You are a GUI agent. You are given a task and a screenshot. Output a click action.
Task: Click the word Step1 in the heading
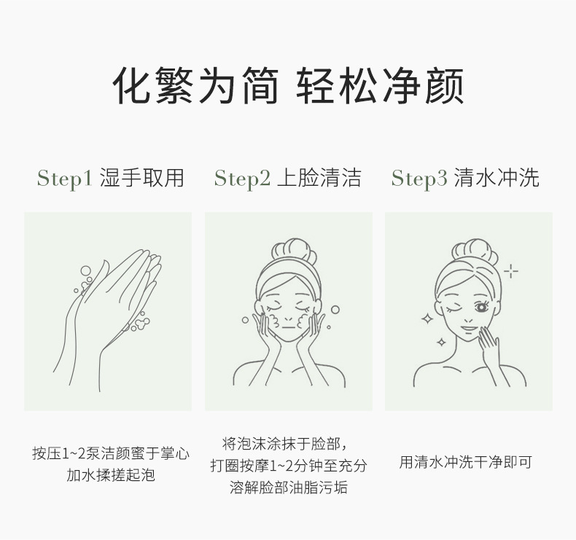click(64, 179)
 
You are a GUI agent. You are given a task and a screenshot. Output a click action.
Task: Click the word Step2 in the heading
click(242, 179)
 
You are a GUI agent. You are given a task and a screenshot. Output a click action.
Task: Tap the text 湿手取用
click(141, 178)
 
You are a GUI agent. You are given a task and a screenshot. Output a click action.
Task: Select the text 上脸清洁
click(319, 178)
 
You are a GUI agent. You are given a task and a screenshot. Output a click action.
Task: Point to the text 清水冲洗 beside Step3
click(497, 178)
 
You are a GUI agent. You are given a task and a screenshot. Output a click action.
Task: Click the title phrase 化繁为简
click(195, 87)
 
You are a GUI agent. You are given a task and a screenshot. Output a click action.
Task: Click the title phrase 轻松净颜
click(381, 87)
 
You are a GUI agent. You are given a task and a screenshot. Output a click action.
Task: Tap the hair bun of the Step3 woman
click(475, 249)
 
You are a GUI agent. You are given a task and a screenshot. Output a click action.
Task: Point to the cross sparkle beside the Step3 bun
click(512, 272)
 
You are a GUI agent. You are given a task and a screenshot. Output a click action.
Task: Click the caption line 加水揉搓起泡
click(111, 476)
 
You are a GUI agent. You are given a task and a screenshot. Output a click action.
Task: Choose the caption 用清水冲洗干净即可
click(466, 462)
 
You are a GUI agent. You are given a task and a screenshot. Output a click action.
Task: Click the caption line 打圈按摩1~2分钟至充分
click(289, 466)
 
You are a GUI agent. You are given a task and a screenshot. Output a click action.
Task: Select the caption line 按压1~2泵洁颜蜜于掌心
click(111, 453)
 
